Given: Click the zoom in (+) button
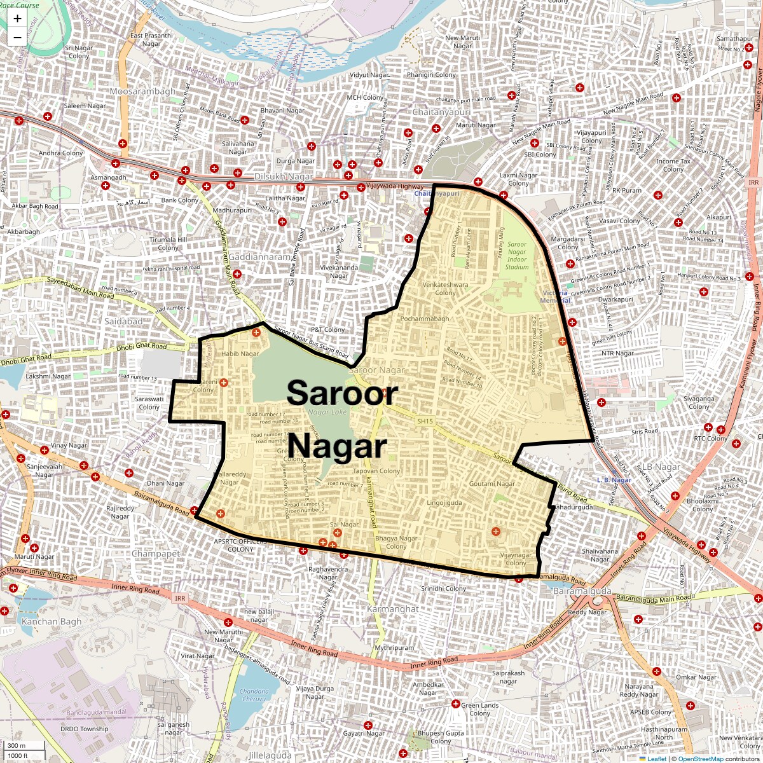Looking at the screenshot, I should [x=17, y=18].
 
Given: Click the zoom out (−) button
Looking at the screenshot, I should [x=17, y=37].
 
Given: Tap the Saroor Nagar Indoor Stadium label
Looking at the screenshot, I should [x=517, y=256].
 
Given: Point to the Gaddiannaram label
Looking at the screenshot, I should [x=259, y=257].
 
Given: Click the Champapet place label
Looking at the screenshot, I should [x=156, y=554].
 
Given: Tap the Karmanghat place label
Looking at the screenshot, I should [x=392, y=608].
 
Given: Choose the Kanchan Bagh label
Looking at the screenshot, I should [x=52, y=621].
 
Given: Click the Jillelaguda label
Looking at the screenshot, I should [x=270, y=755].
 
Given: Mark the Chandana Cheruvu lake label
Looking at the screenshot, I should [x=254, y=695].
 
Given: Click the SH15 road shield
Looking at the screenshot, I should [x=425, y=421].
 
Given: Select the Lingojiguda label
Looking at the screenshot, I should [x=444, y=503].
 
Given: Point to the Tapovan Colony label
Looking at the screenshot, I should [x=376, y=471].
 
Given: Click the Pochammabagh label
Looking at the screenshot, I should [x=425, y=319].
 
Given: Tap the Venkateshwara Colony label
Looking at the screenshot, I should [x=445, y=289].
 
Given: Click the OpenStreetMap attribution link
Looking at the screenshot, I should [x=700, y=759].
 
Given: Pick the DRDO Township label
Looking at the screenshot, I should [x=84, y=729].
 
